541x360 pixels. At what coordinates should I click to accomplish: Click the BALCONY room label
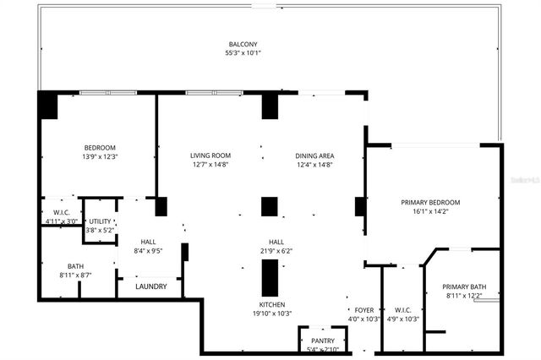click(x=243, y=44)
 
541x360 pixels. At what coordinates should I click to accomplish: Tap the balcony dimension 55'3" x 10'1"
click(x=243, y=53)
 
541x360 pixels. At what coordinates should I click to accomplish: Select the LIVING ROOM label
click(x=210, y=155)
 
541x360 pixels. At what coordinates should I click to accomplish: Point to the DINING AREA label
click(x=314, y=155)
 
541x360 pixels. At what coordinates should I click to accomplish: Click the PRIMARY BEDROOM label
click(x=430, y=203)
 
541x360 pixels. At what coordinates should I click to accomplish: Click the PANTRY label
click(x=322, y=341)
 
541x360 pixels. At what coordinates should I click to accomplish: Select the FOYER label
click(x=363, y=310)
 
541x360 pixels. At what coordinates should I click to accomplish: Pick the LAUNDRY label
click(x=151, y=286)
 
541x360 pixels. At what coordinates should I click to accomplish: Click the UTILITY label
click(x=100, y=221)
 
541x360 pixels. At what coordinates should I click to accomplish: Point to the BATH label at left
click(x=52, y=266)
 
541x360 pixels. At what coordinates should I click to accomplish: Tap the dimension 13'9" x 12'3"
click(x=99, y=156)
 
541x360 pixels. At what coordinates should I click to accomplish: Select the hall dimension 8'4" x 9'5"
click(x=148, y=250)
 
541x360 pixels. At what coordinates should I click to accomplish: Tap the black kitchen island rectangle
click(x=270, y=276)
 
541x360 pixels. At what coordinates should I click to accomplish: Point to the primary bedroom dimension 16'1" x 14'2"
click(x=430, y=212)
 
